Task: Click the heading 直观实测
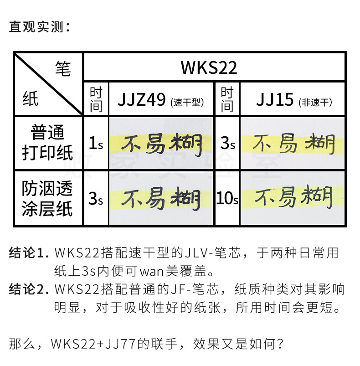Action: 40,27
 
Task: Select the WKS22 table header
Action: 209,67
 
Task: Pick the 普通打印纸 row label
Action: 48,143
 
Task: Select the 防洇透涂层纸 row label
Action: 48,198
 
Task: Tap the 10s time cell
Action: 227,199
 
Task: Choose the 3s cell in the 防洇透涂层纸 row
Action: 95,199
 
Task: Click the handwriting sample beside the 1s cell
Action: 162,144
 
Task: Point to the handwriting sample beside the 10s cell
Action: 292,198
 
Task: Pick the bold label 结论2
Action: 28,289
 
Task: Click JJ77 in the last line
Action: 129,342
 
